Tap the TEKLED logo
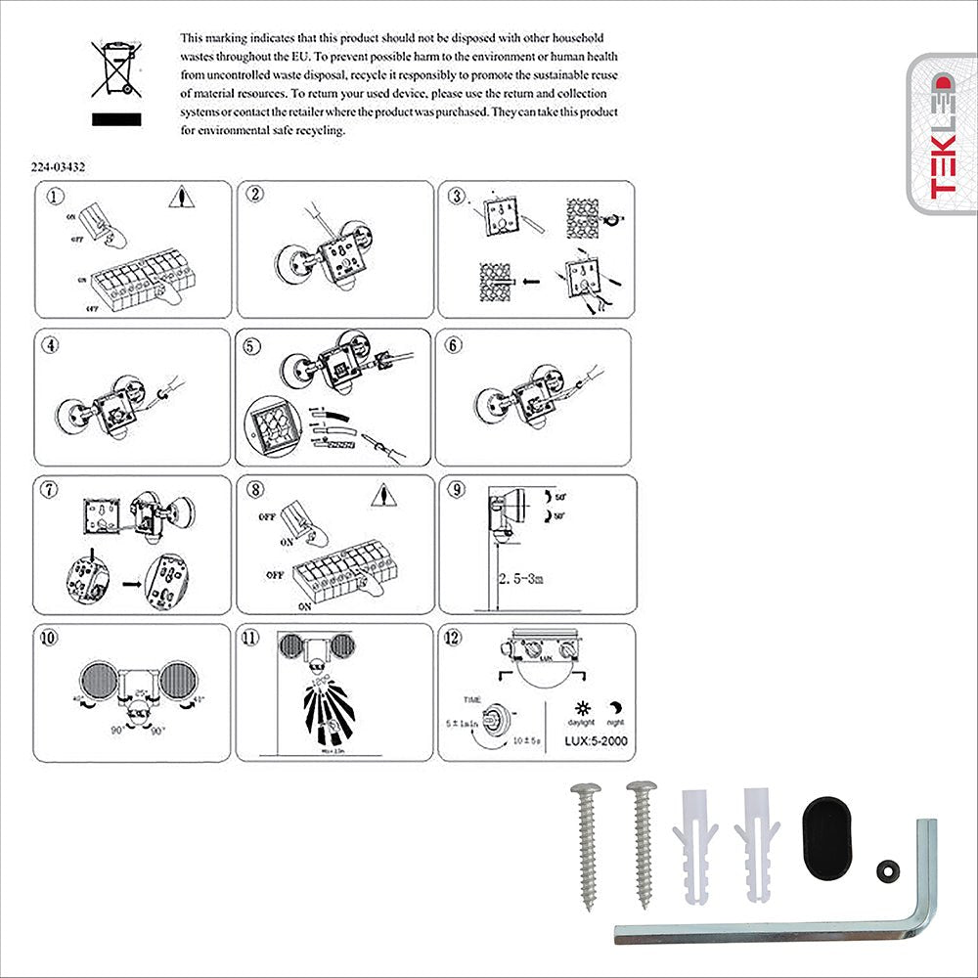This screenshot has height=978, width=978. [941, 134]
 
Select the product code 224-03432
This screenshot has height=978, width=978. [58, 167]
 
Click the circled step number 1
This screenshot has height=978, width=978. [56, 196]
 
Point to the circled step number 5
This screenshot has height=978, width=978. [254, 344]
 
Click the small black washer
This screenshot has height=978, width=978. [888, 867]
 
